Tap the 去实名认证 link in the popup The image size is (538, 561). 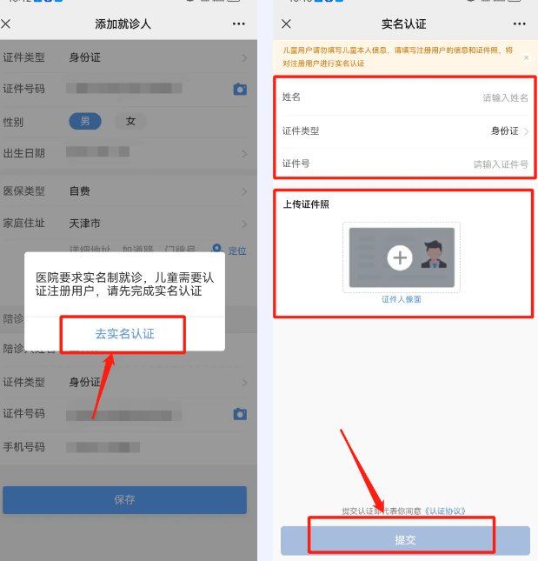click(124, 334)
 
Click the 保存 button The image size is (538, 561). click(124, 499)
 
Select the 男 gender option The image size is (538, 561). click(85, 122)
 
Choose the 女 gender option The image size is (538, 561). click(130, 122)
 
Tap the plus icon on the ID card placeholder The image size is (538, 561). click(400, 257)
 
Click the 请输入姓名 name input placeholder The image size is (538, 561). click(505, 98)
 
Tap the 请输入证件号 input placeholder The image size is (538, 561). click(500, 164)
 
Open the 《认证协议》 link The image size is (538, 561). click(445, 511)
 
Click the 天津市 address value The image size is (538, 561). click(84, 223)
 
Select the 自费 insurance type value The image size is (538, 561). click(80, 190)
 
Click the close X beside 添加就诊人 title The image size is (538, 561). click(6, 23)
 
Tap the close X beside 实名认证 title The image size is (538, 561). click(287, 23)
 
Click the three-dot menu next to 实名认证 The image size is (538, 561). click(519, 23)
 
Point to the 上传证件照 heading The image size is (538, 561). click(306, 204)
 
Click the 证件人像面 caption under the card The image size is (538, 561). click(401, 299)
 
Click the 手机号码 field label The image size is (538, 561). click(23, 447)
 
